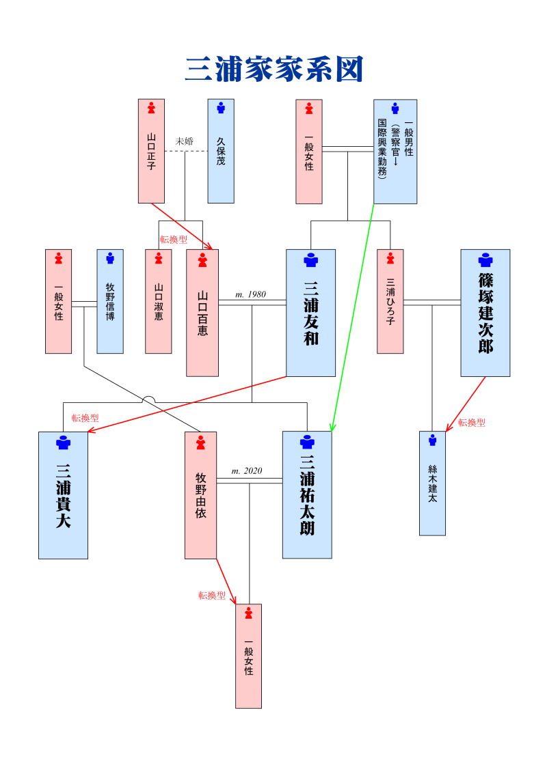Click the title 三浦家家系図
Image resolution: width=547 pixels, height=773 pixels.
pyautogui.click(x=273, y=70)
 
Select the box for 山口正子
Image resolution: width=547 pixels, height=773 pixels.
pyautogui.click(x=151, y=151)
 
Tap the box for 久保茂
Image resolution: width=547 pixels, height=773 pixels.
pyautogui.click(x=221, y=151)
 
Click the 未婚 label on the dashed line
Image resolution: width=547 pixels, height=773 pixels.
pyautogui.click(x=185, y=141)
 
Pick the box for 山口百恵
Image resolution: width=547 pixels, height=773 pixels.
pyautogui.click(x=202, y=313)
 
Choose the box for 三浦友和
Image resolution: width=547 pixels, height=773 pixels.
pyautogui.click(x=310, y=313)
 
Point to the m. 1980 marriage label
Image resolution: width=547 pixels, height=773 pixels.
pyautogui.click(x=250, y=294)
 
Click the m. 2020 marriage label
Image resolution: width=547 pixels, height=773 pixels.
pyautogui.click(x=247, y=471)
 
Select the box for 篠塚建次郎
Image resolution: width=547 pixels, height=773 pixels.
pyautogui.click(x=485, y=313)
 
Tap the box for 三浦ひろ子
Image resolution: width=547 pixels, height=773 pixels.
pyautogui.click(x=390, y=301)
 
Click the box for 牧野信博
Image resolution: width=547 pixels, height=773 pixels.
pyautogui.click(x=110, y=301)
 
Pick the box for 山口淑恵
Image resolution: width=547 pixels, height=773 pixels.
pyautogui.click(x=159, y=301)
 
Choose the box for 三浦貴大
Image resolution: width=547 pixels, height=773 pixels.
pyautogui.click(x=63, y=495)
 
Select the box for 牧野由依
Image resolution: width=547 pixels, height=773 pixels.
pyautogui.click(x=201, y=495)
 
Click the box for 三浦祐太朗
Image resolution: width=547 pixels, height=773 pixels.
pyautogui.click(x=307, y=495)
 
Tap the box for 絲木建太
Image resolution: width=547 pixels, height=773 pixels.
pyautogui.click(x=432, y=483)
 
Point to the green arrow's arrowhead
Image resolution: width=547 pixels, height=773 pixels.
pyautogui.click(x=332, y=428)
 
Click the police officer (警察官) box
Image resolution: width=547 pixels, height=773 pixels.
pyautogui.click(x=395, y=151)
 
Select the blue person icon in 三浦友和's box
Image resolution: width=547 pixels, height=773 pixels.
pyautogui.click(x=310, y=260)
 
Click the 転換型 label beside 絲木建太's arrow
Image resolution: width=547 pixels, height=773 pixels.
pyautogui.click(x=472, y=423)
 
